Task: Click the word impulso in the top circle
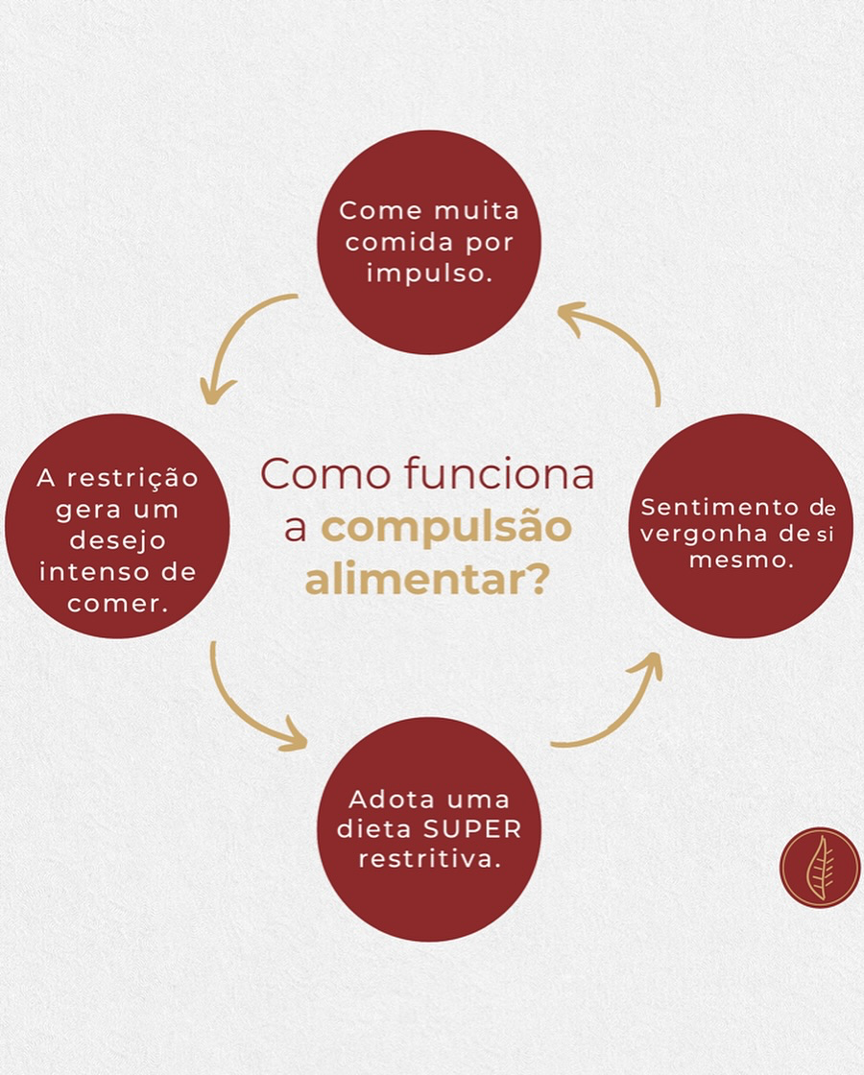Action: pos(428,272)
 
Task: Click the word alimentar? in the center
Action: pos(427,579)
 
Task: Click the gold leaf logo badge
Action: pos(819,867)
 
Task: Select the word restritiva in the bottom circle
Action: pos(429,858)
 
